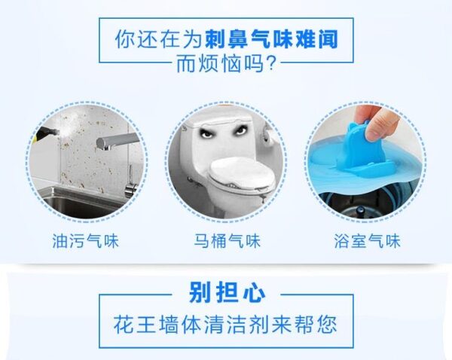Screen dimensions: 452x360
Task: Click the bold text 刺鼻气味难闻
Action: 271,39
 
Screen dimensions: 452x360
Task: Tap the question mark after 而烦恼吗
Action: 271,63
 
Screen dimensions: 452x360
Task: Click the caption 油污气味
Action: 85,241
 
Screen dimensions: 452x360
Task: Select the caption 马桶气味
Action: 228,241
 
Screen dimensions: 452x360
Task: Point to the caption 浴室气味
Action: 368,241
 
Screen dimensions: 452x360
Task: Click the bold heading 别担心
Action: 228,292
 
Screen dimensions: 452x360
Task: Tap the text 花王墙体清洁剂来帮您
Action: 225,325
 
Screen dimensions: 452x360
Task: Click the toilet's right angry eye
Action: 240,130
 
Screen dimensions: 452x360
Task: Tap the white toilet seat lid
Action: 242,175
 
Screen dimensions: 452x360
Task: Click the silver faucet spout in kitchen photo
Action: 118,141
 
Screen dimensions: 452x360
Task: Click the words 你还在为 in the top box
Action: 158,39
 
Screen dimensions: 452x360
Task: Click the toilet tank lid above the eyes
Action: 219,121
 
